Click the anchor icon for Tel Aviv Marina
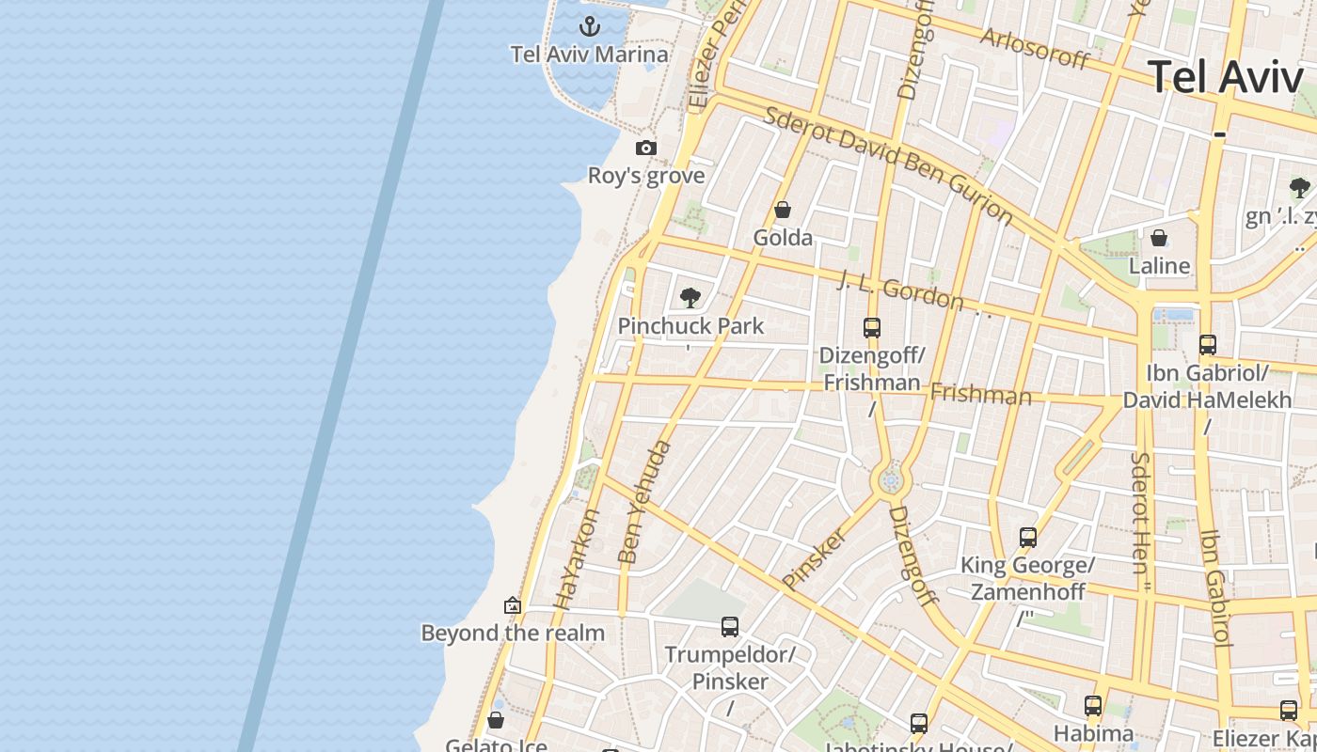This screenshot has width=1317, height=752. [x=590, y=25]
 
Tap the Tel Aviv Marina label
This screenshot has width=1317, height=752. [x=590, y=55]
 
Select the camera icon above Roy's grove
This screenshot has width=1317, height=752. [x=646, y=148]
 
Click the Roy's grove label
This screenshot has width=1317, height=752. [x=646, y=176]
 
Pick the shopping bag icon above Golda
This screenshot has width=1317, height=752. [x=783, y=210]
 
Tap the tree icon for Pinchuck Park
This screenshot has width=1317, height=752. [x=690, y=298]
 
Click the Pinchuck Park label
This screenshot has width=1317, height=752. [x=690, y=326]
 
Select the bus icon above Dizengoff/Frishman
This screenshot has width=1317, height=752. [x=872, y=328]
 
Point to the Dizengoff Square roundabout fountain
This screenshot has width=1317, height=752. [x=891, y=481]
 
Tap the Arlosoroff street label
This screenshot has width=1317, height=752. [x=1034, y=47]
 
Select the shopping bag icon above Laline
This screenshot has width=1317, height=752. [x=1159, y=238]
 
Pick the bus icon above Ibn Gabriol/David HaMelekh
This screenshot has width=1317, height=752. [x=1208, y=345]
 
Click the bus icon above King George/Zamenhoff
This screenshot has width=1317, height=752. [x=1028, y=538]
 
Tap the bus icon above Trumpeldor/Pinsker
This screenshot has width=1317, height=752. [x=730, y=626]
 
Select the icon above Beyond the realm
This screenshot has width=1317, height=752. [x=513, y=605]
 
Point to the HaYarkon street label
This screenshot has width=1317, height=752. [x=577, y=560]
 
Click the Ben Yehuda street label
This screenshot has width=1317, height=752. [x=645, y=502]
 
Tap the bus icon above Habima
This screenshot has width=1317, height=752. [x=1093, y=705]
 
